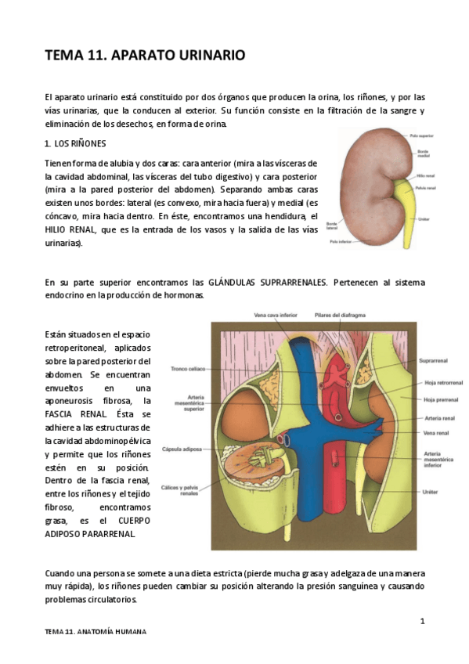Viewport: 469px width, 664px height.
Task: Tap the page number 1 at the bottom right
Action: point(422,622)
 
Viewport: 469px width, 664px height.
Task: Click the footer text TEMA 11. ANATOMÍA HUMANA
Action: point(96,631)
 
